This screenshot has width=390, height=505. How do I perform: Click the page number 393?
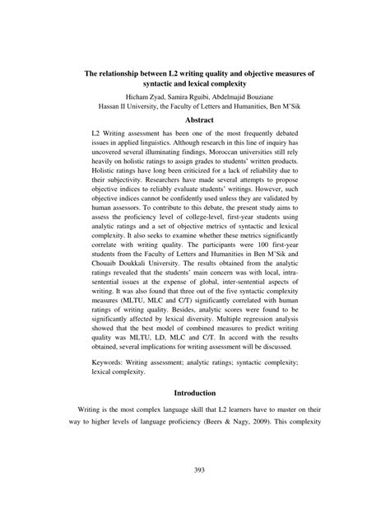coord(195,470)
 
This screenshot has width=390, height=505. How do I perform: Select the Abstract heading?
coord(195,119)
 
